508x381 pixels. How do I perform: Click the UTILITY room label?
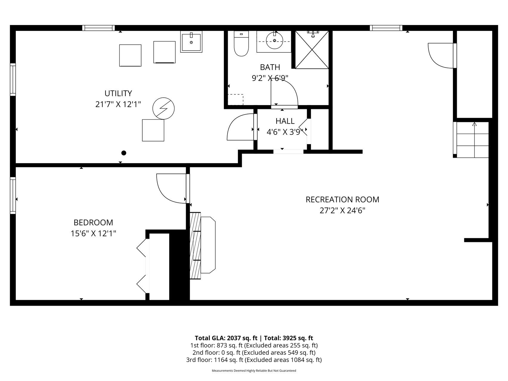click(118, 93)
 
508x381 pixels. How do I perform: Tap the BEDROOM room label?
click(93, 223)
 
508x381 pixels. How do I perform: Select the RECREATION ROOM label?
click(342, 199)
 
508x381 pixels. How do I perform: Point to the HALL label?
click(285, 121)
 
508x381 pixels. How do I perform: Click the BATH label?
click(270, 67)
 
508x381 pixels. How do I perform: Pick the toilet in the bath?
click(241, 43)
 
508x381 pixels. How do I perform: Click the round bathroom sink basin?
click(274, 40)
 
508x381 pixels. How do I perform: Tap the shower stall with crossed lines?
click(312, 50)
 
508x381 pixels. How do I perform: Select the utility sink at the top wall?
click(191, 42)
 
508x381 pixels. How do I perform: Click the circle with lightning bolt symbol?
click(163, 109)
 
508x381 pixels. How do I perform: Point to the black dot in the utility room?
click(124, 153)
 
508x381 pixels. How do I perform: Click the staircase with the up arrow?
click(473, 140)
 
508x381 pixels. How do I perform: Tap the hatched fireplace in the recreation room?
click(195, 246)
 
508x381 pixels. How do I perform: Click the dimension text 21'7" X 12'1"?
click(118, 104)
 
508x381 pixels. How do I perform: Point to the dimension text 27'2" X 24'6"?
click(342, 211)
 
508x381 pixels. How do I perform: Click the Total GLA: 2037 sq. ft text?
click(226, 338)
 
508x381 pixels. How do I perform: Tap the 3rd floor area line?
click(254, 360)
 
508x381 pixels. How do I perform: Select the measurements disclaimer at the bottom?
click(254, 371)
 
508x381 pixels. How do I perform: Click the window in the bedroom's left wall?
click(13, 196)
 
